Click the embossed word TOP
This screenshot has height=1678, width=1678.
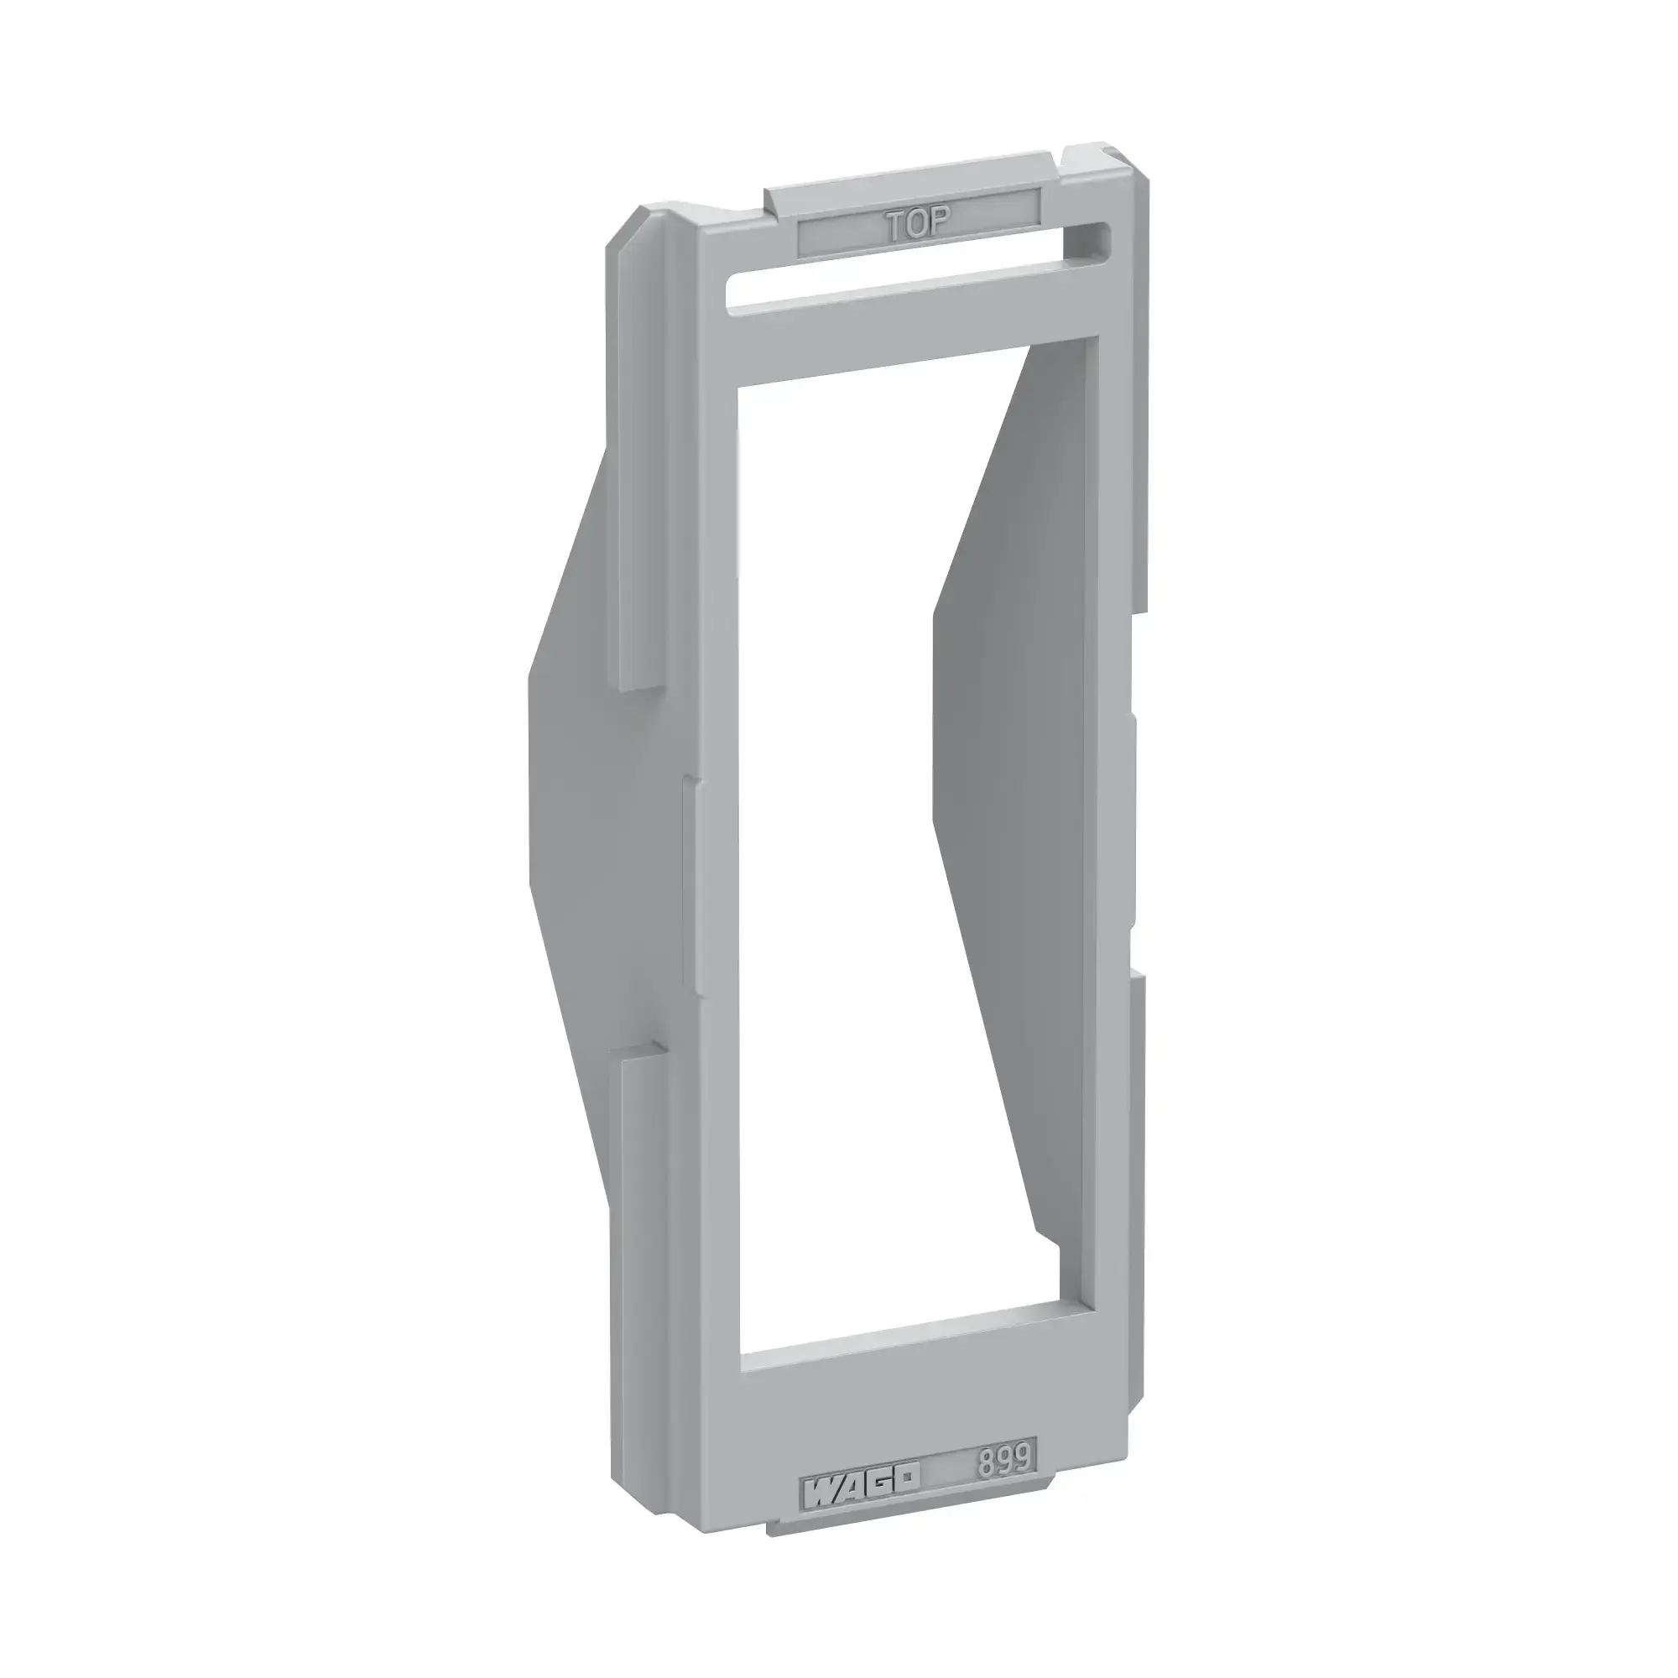(919, 226)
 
